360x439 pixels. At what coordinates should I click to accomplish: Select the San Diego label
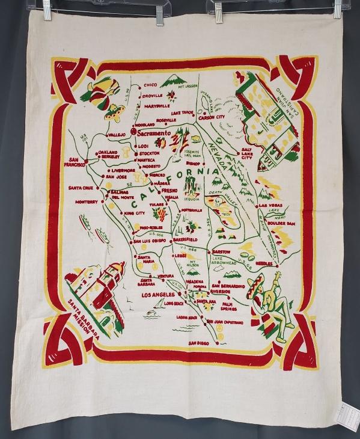(198, 343)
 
